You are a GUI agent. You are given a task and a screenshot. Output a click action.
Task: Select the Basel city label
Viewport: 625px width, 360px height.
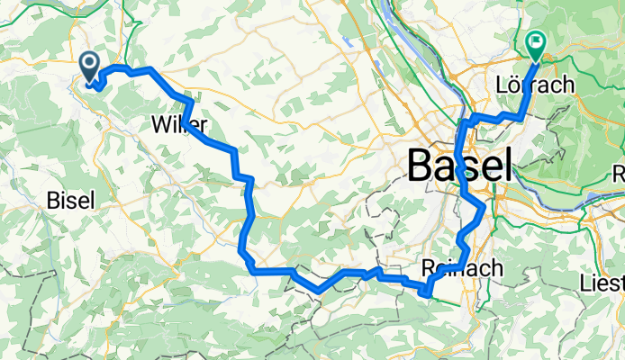459,166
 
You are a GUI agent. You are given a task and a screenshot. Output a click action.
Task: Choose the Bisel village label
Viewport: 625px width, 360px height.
68,201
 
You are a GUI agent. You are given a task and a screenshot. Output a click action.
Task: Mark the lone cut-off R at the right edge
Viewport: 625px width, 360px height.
618,173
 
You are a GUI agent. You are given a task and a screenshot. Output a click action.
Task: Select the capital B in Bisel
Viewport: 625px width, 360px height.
52,201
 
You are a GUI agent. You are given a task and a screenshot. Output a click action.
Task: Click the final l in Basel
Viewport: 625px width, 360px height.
506,166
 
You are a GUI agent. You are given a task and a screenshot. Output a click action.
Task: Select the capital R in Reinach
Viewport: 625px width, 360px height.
428,268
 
